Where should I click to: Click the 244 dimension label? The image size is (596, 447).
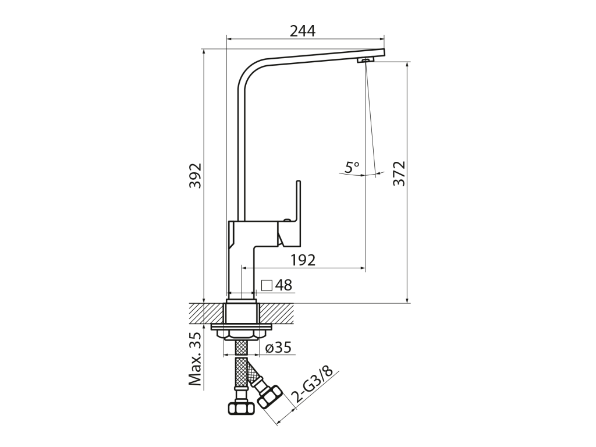(303, 31)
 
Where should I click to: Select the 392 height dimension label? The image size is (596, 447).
(196, 176)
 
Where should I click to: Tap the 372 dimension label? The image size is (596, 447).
(399, 173)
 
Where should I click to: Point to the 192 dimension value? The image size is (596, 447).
(303, 260)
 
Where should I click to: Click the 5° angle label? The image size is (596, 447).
(352, 166)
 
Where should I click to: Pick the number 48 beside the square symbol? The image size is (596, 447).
(283, 285)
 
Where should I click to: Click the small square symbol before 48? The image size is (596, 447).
(267, 285)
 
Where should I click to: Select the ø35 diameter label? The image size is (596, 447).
(278, 347)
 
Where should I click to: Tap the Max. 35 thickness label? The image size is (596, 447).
(196, 359)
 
